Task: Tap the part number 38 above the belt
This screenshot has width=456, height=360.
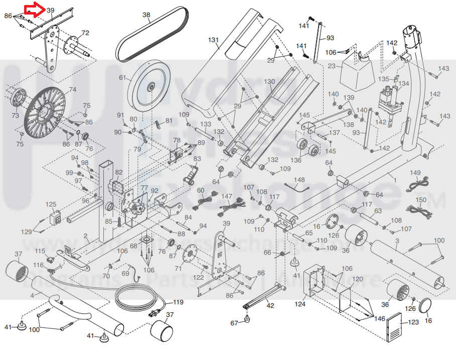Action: [x=146, y=15]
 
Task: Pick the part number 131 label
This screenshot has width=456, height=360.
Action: [x=214, y=40]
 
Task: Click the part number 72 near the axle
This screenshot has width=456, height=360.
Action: [x=85, y=33]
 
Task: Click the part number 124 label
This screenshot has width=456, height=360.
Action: [x=300, y=304]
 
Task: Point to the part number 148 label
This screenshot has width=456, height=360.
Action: [x=299, y=180]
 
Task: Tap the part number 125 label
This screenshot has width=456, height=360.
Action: [x=51, y=204]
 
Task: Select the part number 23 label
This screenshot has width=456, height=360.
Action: [x=331, y=66]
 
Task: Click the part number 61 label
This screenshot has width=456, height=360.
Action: [x=122, y=78]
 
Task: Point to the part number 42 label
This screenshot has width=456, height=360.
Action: [x=270, y=305]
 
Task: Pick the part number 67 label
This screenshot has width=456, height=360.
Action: [x=234, y=323]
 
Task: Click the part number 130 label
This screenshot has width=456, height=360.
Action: [x=269, y=81]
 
